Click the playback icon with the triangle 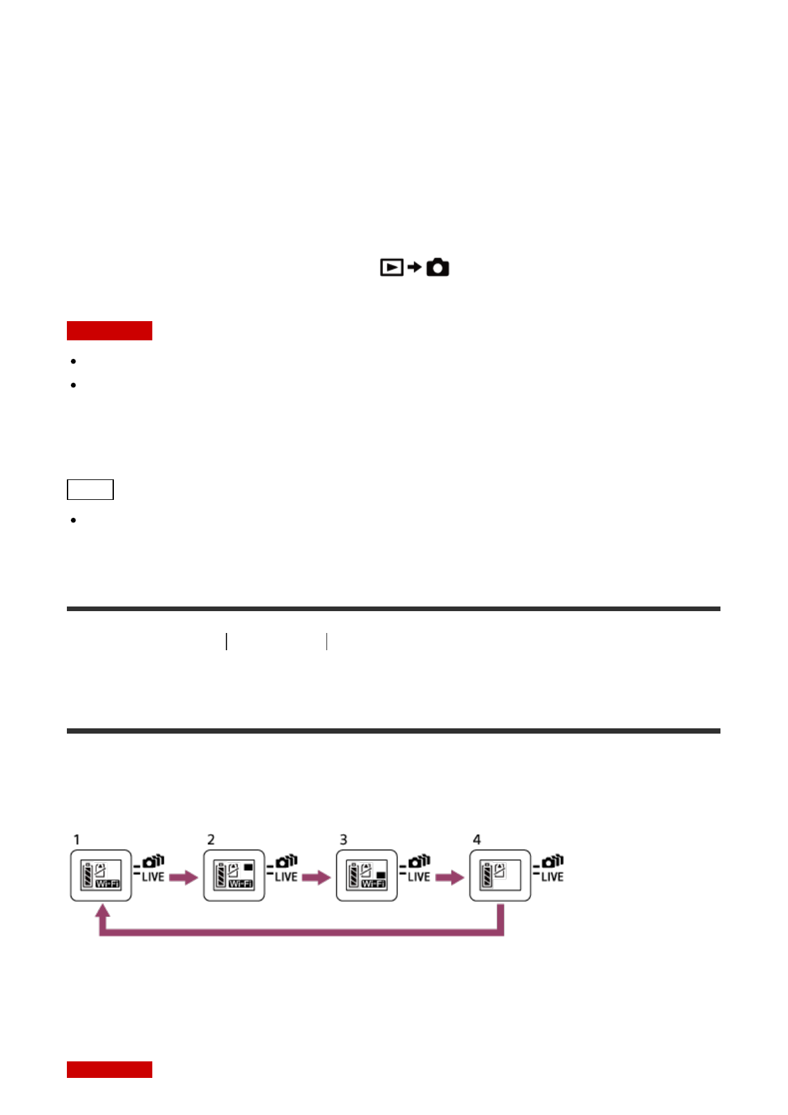[x=391, y=267]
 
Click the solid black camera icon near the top [x=438, y=267]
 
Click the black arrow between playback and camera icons [x=414, y=267]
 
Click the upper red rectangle [x=109, y=330]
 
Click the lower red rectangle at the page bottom [x=109, y=1069]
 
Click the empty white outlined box [x=90, y=489]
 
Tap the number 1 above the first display [x=77, y=840]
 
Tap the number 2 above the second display [x=211, y=840]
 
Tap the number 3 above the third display [x=344, y=840]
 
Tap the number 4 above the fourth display [x=477, y=840]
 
